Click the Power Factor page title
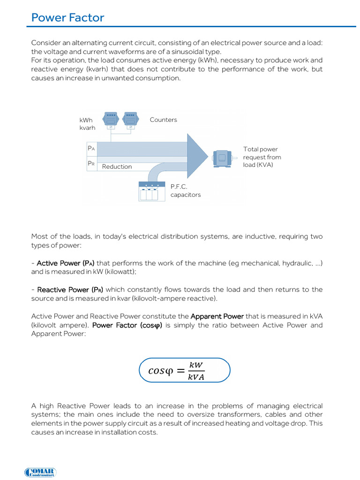click(x=67, y=18)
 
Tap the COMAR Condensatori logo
click(x=40, y=472)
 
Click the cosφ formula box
click(x=185, y=371)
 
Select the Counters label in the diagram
click(x=163, y=120)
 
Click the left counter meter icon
click(x=111, y=120)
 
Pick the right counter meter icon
click(x=130, y=120)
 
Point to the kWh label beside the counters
click(x=86, y=120)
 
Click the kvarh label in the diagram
click(x=87, y=127)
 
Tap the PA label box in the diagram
click(x=91, y=148)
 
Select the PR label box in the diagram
click(x=91, y=164)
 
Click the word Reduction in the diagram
click(x=117, y=166)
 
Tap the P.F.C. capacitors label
click(x=185, y=190)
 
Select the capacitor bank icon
click(x=152, y=191)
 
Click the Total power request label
click(x=262, y=157)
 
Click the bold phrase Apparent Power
click(x=217, y=316)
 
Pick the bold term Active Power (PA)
click(x=66, y=263)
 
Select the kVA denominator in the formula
click(x=196, y=377)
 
